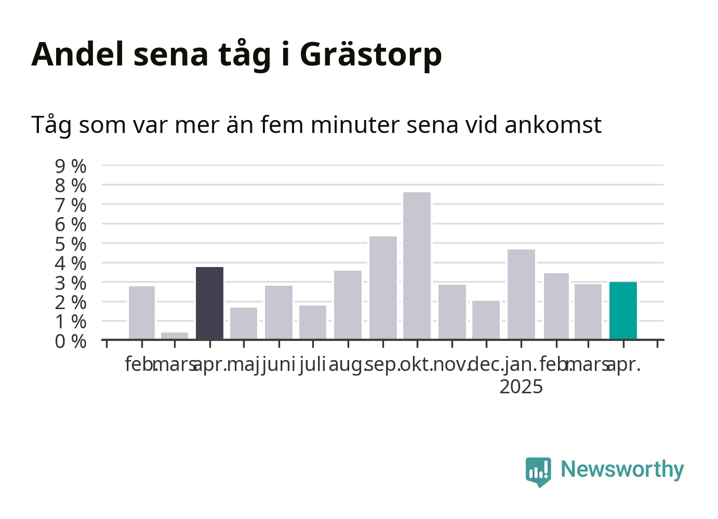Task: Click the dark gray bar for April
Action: pyautogui.click(x=209, y=303)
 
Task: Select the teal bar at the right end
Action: pyautogui.click(x=623, y=310)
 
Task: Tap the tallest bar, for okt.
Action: pyautogui.click(x=417, y=265)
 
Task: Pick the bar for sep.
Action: pyautogui.click(x=383, y=287)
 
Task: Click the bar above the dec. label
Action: pyautogui.click(x=486, y=320)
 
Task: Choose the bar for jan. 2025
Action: pyautogui.click(x=521, y=294)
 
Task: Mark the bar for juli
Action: pyautogui.click(x=313, y=322)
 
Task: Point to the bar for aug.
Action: pyautogui.click(x=348, y=305)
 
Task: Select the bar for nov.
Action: pyautogui.click(x=453, y=312)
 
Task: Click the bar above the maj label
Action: pyautogui.click(x=244, y=323)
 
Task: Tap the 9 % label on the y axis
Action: pyautogui.click(x=71, y=166)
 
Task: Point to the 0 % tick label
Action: pyautogui.click(x=71, y=341)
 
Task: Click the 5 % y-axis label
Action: pyautogui.click(x=71, y=244)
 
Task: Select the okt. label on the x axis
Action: pyautogui.click(x=416, y=365)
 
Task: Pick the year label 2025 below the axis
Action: pyautogui.click(x=521, y=387)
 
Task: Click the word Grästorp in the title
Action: pyautogui.click(x=371, y=55)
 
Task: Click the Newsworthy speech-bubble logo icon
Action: pyautogui.click(x=538, y=472)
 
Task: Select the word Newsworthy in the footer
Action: pyautogui.click(x=622, y=470)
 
